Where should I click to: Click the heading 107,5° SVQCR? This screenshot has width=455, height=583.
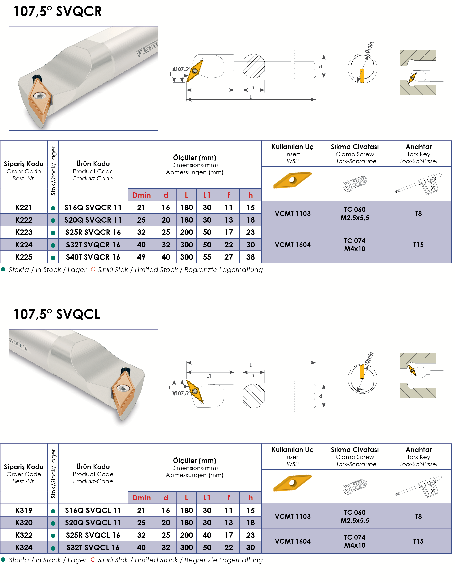(x=57, y=12)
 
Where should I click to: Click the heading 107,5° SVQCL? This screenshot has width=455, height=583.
(x=57, y=314)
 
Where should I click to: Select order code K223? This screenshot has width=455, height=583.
(x=24, y=232)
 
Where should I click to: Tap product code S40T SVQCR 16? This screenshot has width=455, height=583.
(x=93, y=257)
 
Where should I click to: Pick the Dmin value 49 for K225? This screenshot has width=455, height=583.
(x=141, y=257)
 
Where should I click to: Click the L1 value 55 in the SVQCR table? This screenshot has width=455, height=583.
(x=207, y=257)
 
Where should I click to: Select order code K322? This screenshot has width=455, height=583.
(x=24, y=535)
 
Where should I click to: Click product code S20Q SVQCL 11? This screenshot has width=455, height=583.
(x=93, y=523)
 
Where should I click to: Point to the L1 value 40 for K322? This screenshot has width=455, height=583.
(x=207, y=535)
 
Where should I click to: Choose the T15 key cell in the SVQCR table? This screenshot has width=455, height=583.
(x=418, y=245)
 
